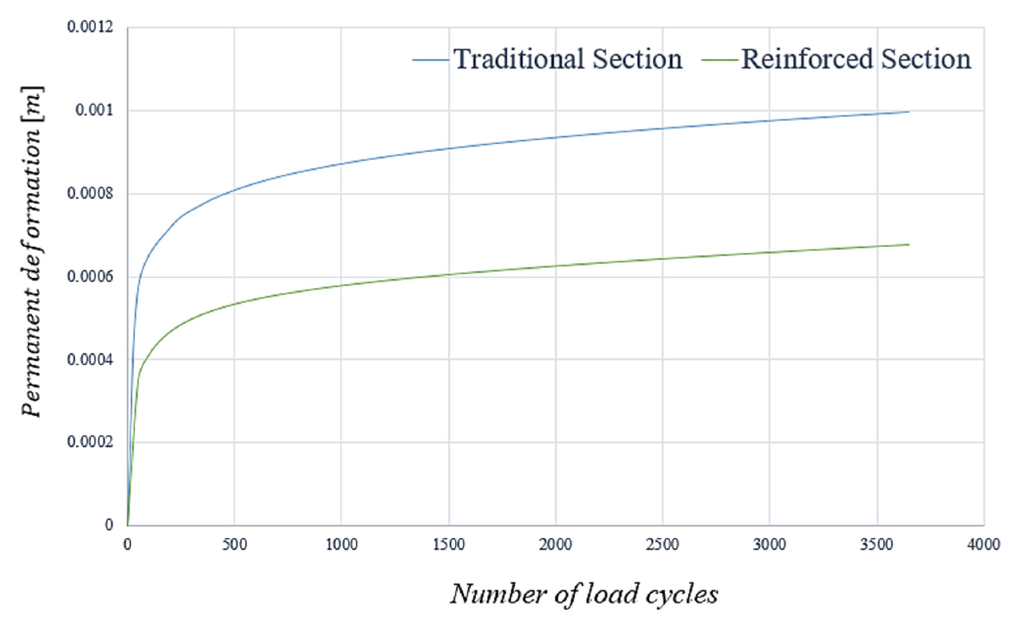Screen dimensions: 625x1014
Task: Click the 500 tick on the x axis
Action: [234, 545]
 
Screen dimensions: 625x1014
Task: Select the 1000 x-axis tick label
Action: [341, 545]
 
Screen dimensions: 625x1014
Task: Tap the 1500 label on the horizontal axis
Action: [449, 545]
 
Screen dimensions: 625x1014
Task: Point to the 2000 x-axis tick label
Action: [556, 545]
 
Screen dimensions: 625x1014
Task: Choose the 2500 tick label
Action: [663, 545]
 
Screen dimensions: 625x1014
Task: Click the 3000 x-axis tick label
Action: [770, 545]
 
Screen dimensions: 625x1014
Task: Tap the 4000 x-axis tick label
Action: [984, 545]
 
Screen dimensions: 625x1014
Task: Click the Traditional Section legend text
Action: [568, 59]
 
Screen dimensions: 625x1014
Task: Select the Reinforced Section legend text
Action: [856, 59]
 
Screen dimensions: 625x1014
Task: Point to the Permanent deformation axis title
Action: [32, 252]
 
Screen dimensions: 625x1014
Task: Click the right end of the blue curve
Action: [909, 112]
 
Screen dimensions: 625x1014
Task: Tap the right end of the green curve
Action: [909, 245]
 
